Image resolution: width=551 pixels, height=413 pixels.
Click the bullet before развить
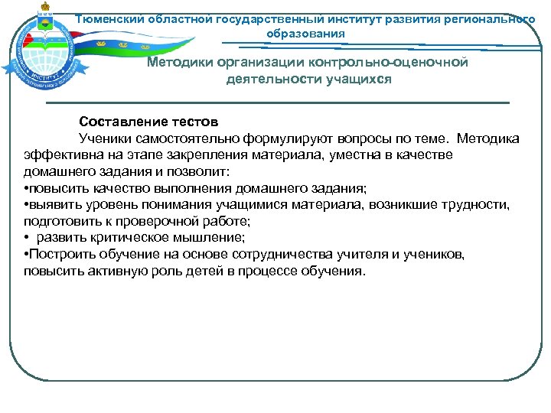27,238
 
